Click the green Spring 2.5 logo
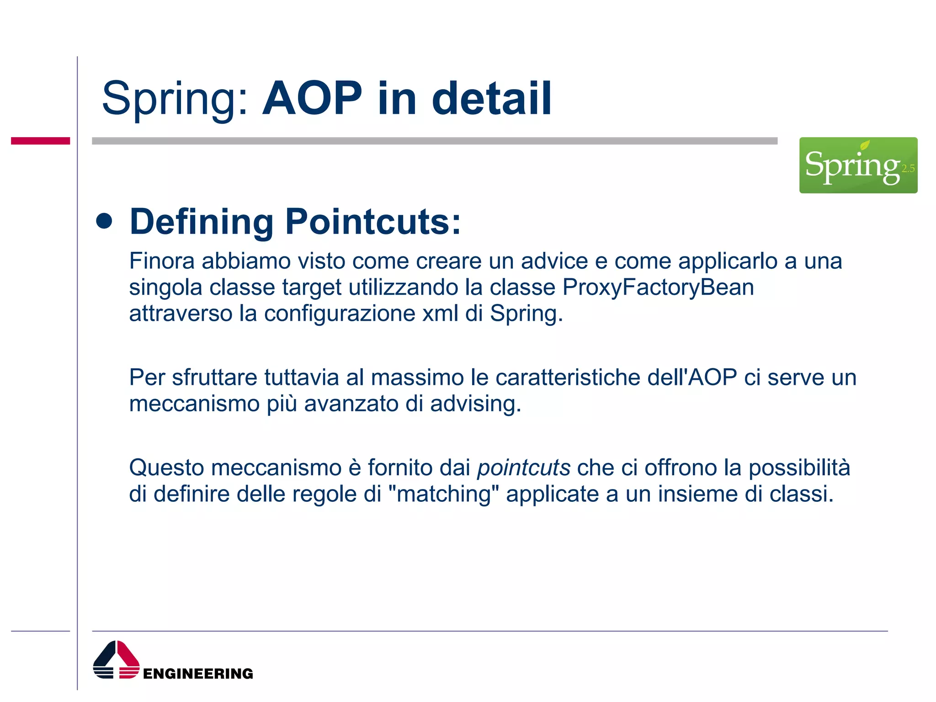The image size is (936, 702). pyautogui.click(x=857, y=165)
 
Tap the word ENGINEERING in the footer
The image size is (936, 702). pyautogui.click(x=198, y=674)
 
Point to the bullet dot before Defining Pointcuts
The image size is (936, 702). pyautogui.click(x=105, y=221)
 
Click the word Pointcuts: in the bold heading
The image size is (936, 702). pyautogui.click(x=373, y=222)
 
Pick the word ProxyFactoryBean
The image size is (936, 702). pyautogui.click(x=658, y=287)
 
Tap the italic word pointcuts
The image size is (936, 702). pyautogui.click(x=524, y=468)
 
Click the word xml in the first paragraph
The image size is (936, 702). pyautogui.click(x=440, y=314)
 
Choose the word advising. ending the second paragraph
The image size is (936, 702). pyautogui.click(x=475, y=404)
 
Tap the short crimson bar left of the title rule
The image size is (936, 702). pyautogui.click(x=40, y=141)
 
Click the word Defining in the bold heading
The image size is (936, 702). pyautogui.click(x=202, y=222)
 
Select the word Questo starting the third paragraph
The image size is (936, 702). pyautogui.click(x=166, y=468)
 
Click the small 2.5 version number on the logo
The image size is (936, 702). pyautogui.click(x=908, y=169)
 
